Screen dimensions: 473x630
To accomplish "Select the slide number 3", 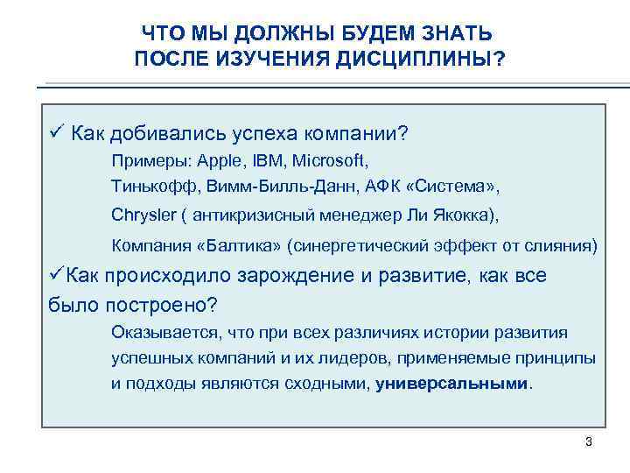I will coord(589,441).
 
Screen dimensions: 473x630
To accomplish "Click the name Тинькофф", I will coord(145,186).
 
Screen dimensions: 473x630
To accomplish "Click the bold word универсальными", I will coord(452,383).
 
